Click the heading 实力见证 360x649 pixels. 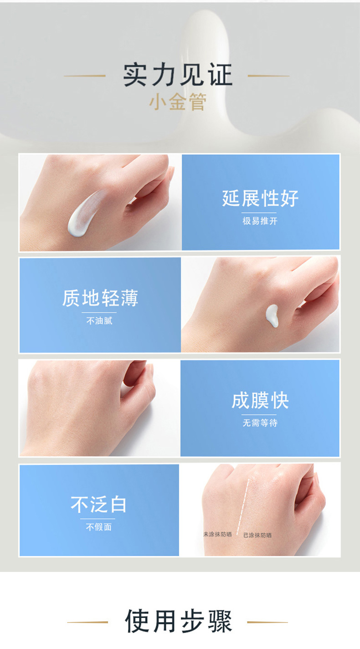pos(178,75)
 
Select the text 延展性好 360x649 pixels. pos(260,199)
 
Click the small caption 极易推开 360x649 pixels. pos(260,221)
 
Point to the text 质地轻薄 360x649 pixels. pos(100,298)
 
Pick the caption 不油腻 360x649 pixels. pos(99,321)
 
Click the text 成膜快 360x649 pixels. pos(260,401)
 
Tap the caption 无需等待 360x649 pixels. pos(260,423)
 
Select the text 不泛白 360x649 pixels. pos(98,505)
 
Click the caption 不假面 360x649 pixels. pos(98,527)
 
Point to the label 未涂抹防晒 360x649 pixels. pos(217,534)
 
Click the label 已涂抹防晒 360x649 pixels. pos(257,535)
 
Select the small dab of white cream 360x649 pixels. pos(272,316)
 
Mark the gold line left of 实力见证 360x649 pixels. pos(85,76)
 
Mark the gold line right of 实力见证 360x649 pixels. pos(268,76)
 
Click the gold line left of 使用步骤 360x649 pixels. pos(87,622)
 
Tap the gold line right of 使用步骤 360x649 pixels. pos(267,622)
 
